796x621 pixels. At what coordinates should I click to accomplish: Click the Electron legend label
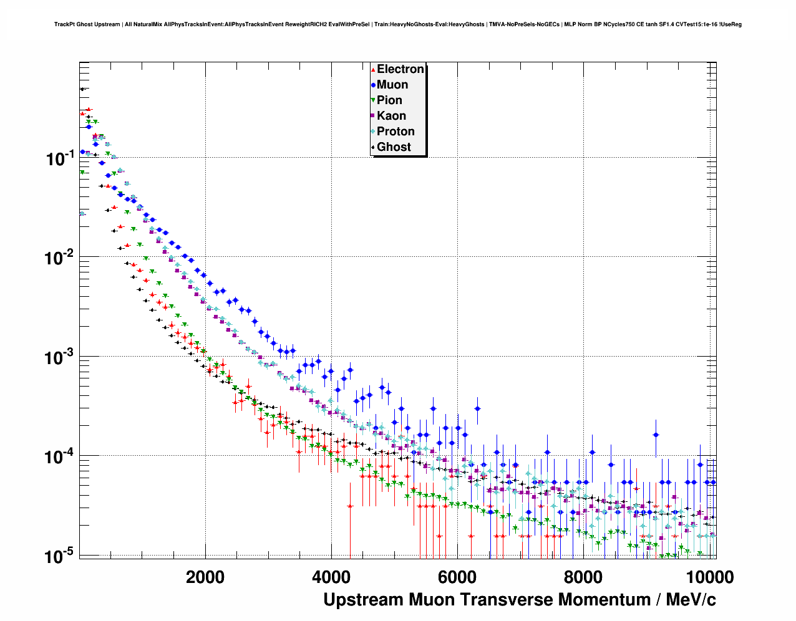[x=400, y=69]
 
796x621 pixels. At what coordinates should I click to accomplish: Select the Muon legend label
[x=392, y=85]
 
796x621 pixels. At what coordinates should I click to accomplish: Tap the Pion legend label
[x=389, y=100]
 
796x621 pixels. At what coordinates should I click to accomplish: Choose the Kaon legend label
[x=391, y=116]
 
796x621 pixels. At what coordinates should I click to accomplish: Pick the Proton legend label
[x=396, y=132]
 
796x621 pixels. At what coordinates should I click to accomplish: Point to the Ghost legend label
[x=394, y=147]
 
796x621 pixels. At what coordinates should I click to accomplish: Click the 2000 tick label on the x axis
[x=205, y=577]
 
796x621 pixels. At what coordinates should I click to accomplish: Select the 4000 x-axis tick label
[x=331, y=577]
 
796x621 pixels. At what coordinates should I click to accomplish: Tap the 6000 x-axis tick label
[x=457, y=577]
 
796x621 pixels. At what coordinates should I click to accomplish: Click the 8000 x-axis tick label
[x=583, y=577]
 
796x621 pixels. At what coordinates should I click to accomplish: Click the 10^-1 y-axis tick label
[x=61, y=158]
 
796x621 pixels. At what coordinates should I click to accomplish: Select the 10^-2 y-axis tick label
[x=61, y=258]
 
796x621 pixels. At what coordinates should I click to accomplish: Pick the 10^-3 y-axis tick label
[x=61, y=357]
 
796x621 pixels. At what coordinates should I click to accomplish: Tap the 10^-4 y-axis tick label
[x=61, y=457]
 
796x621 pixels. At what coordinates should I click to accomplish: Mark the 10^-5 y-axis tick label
[x=61, y=556]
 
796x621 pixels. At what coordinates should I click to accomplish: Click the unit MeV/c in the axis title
[x=691, y=600]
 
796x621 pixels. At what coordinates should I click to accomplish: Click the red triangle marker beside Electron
[x=373, y=70]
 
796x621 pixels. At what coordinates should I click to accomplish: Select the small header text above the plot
[x=397, y=24]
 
